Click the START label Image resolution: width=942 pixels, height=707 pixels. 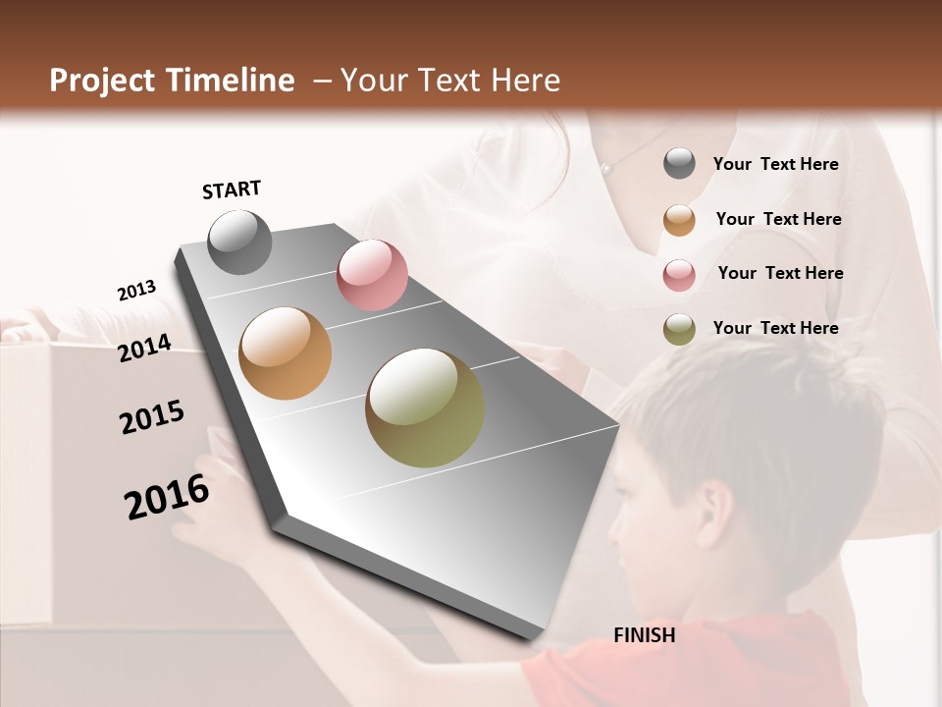[232, 190]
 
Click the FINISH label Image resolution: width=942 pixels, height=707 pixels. [644, 635]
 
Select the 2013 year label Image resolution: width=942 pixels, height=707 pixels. [136, 290]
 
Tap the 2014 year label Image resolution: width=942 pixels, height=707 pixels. [145, 349]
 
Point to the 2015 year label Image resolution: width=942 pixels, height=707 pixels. [152, 417]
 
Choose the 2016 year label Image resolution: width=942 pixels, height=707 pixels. [167, 497]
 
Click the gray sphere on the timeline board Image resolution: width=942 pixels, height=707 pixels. [239, 242]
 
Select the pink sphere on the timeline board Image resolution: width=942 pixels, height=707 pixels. [372, 275]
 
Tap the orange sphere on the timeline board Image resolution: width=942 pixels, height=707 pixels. [286, 353]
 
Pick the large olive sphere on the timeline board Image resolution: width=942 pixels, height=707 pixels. [425, 408]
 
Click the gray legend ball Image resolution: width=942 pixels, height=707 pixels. [679, 164]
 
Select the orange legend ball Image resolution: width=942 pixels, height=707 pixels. [679, 219]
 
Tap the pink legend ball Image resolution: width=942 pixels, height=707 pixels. [679, 274]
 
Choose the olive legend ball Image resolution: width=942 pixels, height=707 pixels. [679, 329]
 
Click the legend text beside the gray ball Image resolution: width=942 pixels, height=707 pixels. [775, 164]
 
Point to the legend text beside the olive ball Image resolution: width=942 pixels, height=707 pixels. [775, 328]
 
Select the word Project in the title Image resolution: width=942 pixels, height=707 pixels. [102, 81]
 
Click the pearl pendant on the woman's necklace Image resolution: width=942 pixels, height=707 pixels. [605, 169]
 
